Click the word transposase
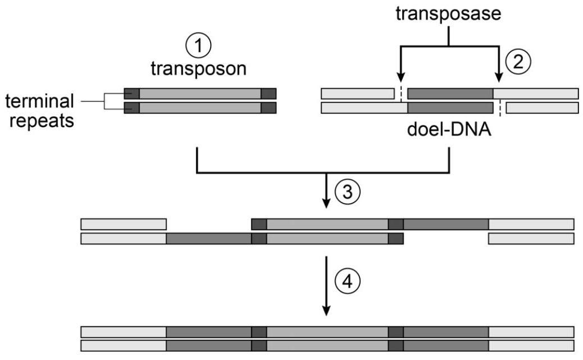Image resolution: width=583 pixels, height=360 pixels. pyautogui.click(x=449, y=14)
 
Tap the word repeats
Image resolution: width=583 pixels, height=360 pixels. pyautogui.click(x=40, y=120)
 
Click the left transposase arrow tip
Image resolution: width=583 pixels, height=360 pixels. pyautogui.click(x=399, y=79)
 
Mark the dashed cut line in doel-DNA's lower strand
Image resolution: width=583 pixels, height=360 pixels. pyautogui.click(x=499, y=107)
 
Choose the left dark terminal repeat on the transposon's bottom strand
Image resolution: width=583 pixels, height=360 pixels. pyautogui.click(x=131, y=107)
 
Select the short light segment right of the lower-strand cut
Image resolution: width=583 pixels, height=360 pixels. pyautogui.click(x=542, y=107)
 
